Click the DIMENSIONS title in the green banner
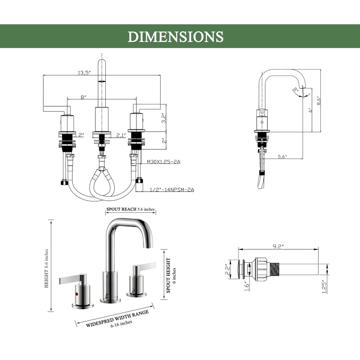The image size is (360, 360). [x=175, y=37]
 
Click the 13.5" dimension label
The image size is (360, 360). [x=84, y=73]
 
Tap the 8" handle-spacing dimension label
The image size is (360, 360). [x=83, y=97]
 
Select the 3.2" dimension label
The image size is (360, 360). [x=164, y=118]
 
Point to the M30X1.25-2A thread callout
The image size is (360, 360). [x=163, y=162]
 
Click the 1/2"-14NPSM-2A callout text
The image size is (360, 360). [x=172, y=189]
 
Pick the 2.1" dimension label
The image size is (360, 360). [x=121, y=135]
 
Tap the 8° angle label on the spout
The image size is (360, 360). [x=296, y=89]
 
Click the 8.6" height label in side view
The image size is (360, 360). [x=319, y=100]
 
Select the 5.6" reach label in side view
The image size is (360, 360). [x=283, y=157]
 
